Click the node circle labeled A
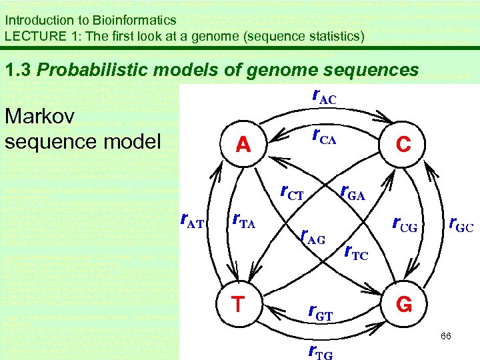[243, 144]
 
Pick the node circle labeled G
[403, 305]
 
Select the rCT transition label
[292, 194]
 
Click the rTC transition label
[355, 252]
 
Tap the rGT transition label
[320, 311]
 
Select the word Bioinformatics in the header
[133, 21]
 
